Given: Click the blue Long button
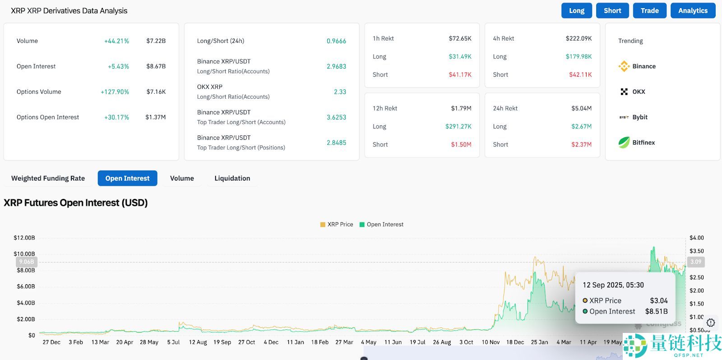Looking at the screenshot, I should (576, 11).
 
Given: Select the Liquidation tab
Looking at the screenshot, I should (232, 178).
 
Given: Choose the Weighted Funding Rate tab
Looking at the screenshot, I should (48, 178).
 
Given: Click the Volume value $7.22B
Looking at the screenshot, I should (156, 41).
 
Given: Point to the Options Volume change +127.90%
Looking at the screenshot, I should (115, 92).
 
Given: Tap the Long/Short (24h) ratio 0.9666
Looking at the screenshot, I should (336, 41).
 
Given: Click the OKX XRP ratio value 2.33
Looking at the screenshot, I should (340, 92).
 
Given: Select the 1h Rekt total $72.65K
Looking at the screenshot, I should (460, 39).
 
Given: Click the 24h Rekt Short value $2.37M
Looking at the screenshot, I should (581, 145).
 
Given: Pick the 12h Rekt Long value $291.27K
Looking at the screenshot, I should (458, 127).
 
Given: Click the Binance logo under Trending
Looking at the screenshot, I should (624, 66).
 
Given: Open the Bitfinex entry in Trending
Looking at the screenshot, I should (637, 143).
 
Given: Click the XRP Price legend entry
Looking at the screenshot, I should (337, 225).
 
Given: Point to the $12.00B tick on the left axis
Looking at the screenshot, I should (24, 238).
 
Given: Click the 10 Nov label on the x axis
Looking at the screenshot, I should (491, 342).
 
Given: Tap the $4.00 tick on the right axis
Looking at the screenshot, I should (696, 238).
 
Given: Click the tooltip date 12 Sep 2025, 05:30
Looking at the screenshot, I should (613, 285).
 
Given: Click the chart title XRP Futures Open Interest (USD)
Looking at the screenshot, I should (76, 203).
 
